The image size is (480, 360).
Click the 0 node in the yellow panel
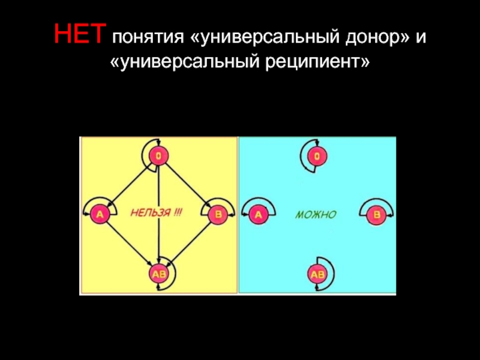pyautogui.click(x=157, y=157)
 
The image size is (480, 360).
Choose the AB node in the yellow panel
pyautogui.click(x=158, y=274)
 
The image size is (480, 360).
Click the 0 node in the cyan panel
pyautogui.click(x=316, y=157)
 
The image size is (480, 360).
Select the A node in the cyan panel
pyautogui.click(x=257, y=214)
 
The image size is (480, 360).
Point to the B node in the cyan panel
pyautogui.click(x=376, y=214)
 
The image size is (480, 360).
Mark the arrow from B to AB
pyautogui.click(x=188, y=243)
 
